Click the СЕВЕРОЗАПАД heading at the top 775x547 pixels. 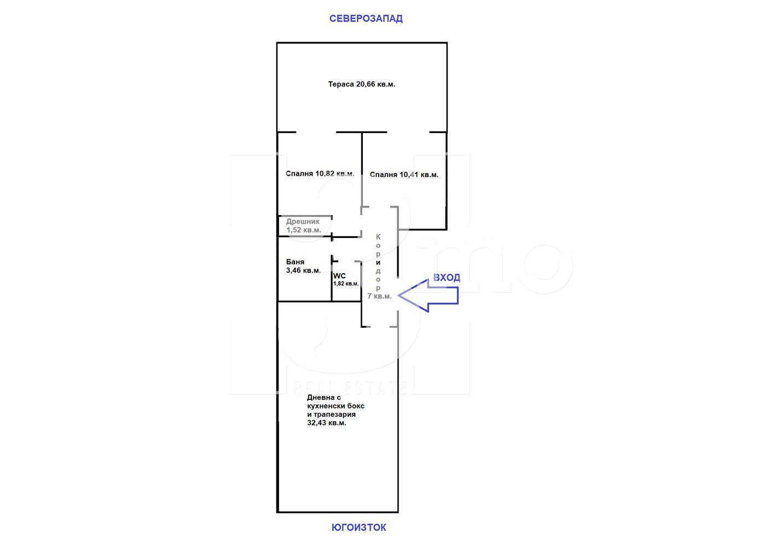tap(366, 19)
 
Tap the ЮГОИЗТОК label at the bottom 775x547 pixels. tap(359, 527)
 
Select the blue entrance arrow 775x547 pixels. tap(429, 295)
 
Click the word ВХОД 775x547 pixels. tap(447, 277)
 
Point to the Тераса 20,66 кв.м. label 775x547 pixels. tap(362, 84)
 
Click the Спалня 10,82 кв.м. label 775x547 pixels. tap(320, 173)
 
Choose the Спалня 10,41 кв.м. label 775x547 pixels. tap(404, 174)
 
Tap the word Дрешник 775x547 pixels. tap(303, 222)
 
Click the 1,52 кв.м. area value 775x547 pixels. tap(304, 230)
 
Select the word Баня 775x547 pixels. tap(295, 262)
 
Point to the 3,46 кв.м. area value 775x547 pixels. tap(303, 270)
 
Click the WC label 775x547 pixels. tap(339, 276)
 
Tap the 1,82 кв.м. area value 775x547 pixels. tap(346, 283)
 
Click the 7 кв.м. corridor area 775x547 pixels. tap(379, 296)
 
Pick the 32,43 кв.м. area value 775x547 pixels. tap(327, 423)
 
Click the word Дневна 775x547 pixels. tap(321, 398)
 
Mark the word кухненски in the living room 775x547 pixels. tap(325, 406)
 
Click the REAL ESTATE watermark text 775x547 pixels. tap(350, 388)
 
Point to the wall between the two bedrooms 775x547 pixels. tap(362, 170)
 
